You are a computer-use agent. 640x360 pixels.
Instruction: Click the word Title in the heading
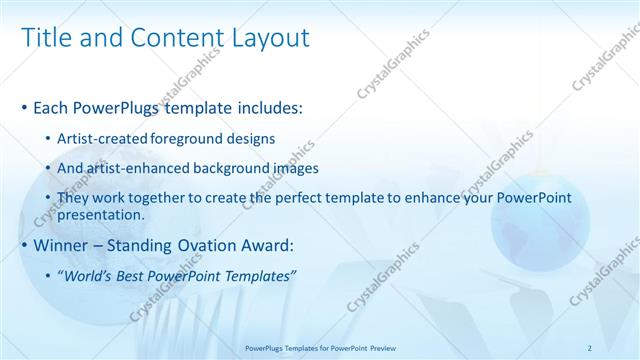44,38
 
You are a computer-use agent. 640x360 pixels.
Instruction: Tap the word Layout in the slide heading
269,38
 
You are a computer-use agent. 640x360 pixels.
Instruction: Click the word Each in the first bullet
52,107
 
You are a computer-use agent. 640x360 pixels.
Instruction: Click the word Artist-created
103,138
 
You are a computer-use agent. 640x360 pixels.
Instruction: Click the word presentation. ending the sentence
103,214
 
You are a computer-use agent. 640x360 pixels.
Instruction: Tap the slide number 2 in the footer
590,347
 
